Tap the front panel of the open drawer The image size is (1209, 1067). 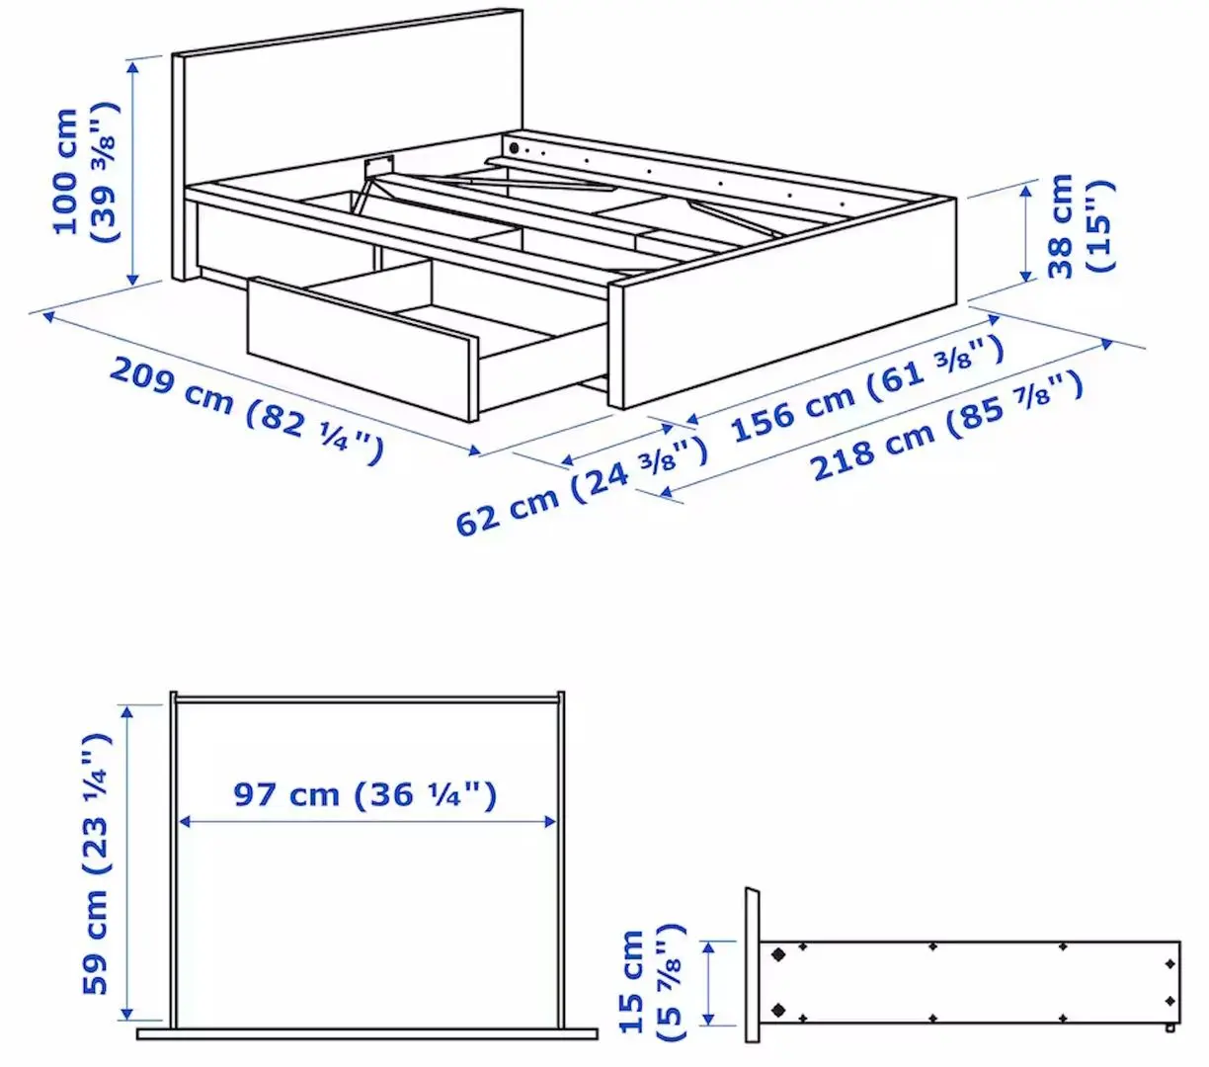point(361,352)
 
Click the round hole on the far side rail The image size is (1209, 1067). point(514,149)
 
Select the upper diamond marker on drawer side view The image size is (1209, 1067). point(778,955)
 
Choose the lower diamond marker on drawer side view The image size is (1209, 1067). point(778,1010)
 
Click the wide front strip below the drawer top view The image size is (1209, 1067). point(366,1033)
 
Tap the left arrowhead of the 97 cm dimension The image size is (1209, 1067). point(182,821)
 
